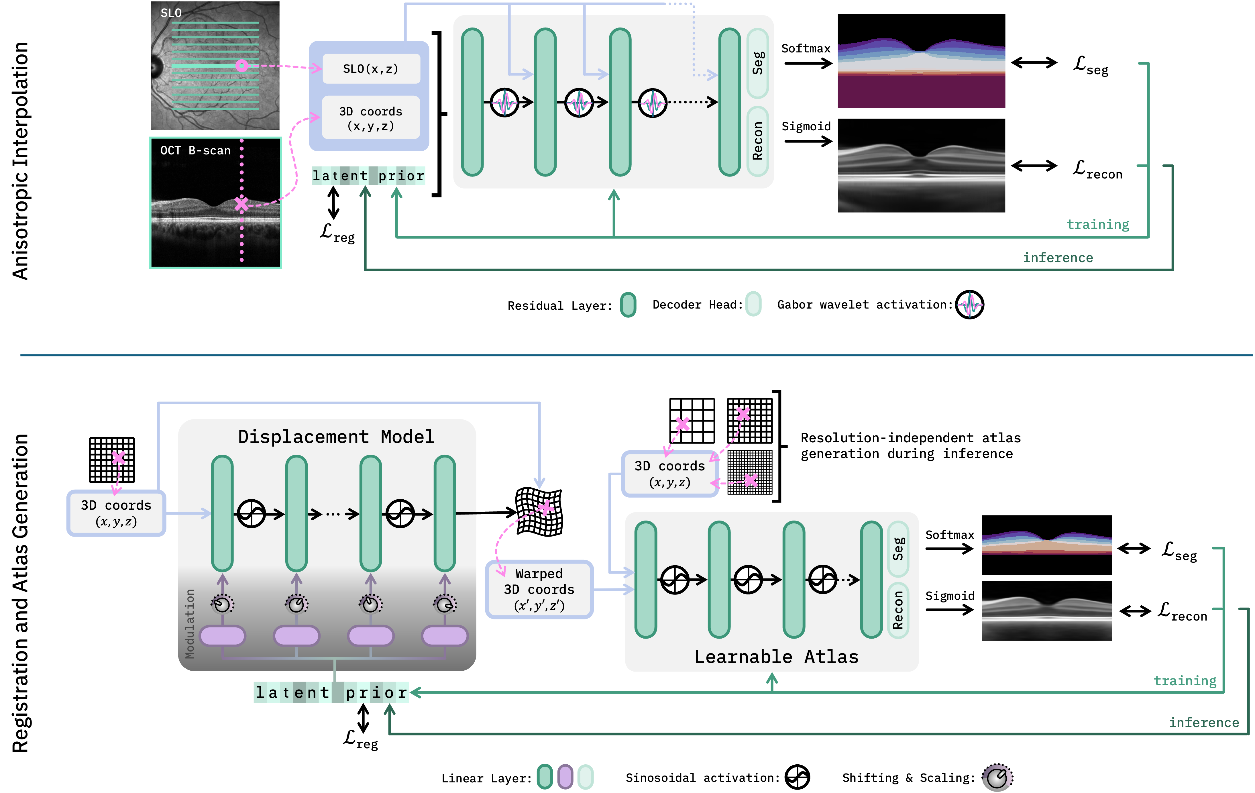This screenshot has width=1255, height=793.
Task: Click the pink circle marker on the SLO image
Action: point(241,66)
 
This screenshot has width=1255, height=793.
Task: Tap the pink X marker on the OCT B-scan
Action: point(241,204)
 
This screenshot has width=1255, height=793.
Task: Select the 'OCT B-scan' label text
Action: point(195,151)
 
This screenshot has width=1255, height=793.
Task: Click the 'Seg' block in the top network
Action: point(758,63)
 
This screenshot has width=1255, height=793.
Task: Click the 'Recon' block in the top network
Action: point(758,141)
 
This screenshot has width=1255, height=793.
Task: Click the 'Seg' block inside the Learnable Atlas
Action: point(898,549)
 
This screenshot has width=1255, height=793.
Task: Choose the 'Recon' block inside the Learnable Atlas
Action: point(898,610)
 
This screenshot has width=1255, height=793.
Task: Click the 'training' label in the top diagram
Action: point(1098,225)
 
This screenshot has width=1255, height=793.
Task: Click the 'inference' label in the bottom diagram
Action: point(1204,723)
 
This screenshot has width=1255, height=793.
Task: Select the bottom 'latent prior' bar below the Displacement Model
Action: point(331,692)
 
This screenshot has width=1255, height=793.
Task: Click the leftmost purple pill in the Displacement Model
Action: point(223,635)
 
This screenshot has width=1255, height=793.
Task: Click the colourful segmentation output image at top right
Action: point(921,61)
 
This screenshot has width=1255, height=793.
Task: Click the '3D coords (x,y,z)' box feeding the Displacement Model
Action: point(116,513)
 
